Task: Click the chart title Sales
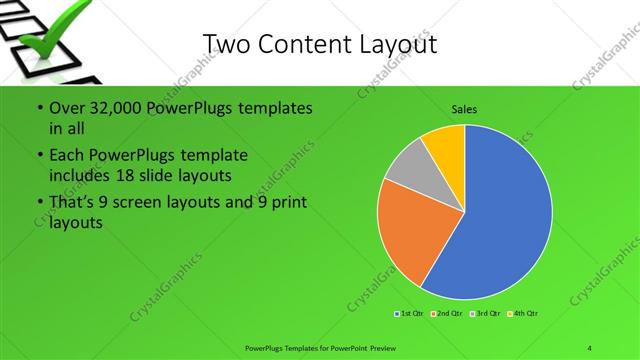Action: [464, 108]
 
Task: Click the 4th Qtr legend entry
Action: [526, 314]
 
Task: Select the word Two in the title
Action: [226, 44]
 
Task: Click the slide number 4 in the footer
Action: [590, 347]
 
